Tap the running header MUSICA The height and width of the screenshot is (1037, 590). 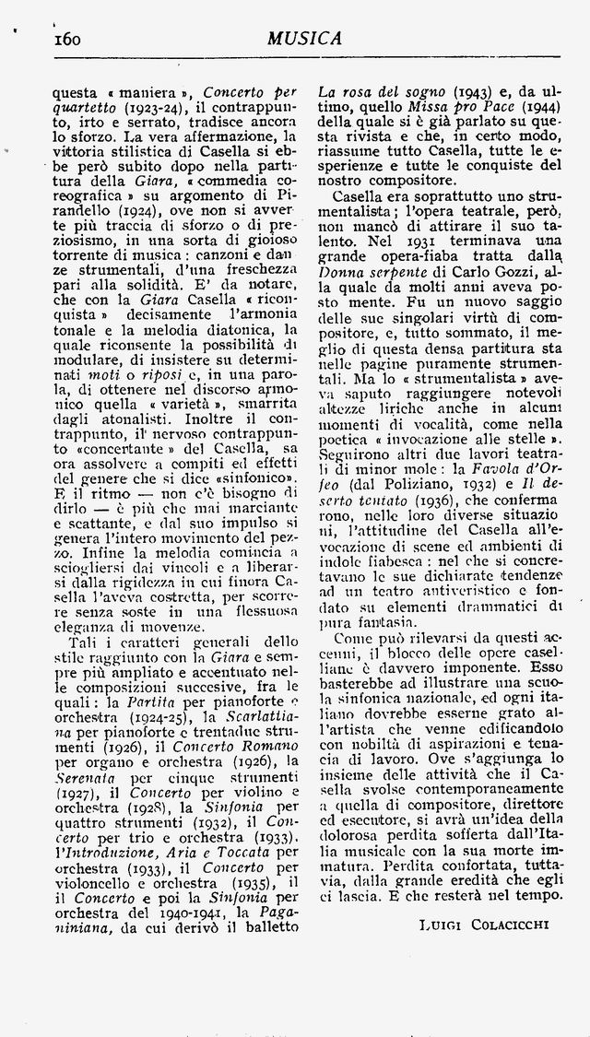pos(305,38)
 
